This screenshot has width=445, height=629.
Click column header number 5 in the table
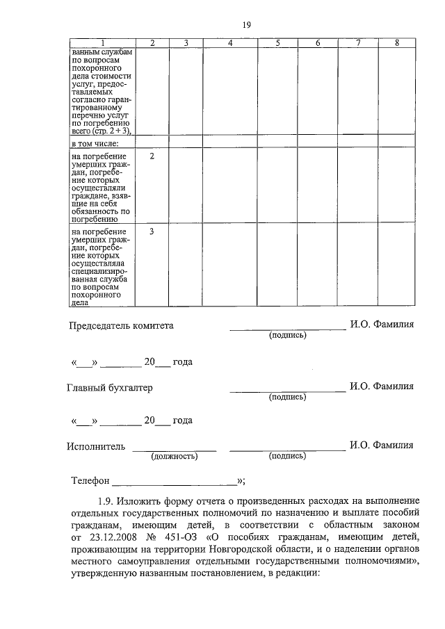277,44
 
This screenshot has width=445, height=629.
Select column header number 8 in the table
397,44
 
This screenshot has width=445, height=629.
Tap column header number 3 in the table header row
186,44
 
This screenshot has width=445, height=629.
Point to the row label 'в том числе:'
95,143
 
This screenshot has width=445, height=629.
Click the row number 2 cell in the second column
152,156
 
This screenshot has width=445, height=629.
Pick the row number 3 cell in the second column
152,231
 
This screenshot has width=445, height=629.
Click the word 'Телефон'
90,480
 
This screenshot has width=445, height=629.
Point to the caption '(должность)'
175,457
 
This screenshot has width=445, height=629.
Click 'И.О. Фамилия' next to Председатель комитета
382,325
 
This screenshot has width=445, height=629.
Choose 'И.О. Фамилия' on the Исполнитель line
382,446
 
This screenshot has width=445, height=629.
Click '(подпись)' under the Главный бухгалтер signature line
287,398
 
